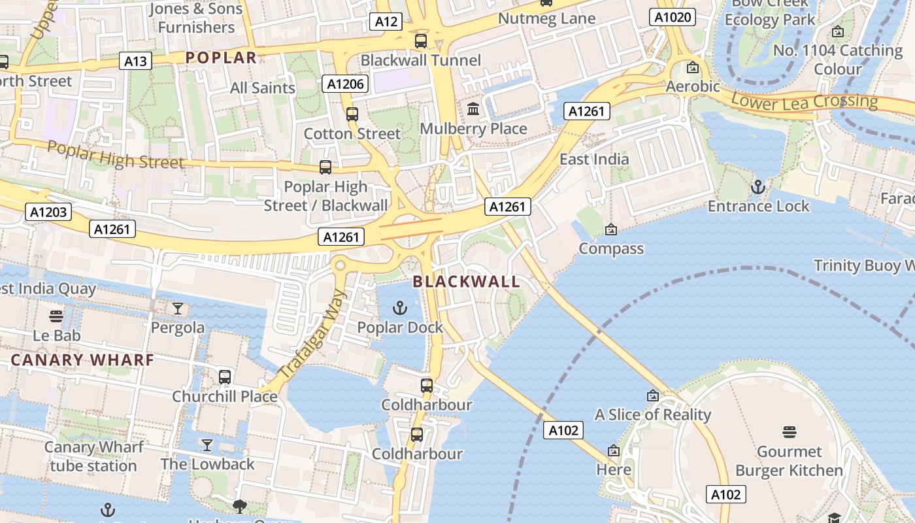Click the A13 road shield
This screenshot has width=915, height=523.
click(135, 61)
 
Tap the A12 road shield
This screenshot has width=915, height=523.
click(386, 22)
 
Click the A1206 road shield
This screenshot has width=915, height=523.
click(346, 84)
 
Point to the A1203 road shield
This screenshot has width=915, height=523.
click(48, 212)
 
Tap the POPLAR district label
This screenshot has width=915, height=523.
click(221, 58)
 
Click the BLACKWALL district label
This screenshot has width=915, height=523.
click(467, 282)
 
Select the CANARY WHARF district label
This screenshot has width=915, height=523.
click(82, 360)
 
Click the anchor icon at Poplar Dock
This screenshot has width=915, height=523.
click(399, 307)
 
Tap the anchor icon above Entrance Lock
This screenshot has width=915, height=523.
click(757, 187)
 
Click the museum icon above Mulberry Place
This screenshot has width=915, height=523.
click(473, 109)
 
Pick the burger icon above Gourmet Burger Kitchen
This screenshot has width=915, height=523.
click(789, 431)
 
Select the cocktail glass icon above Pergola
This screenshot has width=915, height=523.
click(177, 308)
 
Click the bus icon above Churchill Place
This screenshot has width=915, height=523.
click(224, 377)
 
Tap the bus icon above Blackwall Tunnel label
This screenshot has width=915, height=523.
click(421, 41)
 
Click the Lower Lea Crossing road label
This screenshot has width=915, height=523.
click(804, 102)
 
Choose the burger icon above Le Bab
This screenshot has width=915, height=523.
click(57, 316)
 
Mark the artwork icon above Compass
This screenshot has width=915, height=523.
click(610, 229)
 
